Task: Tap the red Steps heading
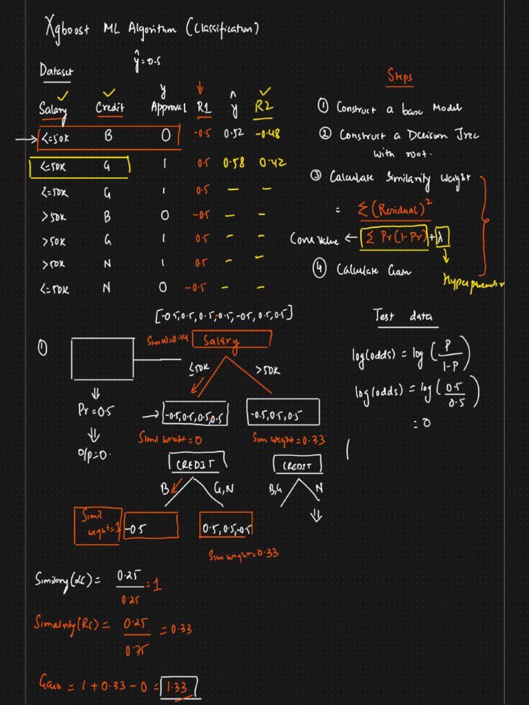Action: pos(400,77)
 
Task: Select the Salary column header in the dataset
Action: pos(52,108)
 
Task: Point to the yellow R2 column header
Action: pos(264,107)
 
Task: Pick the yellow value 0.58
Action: pos(234,164)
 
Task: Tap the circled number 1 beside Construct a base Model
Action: pos(323,106)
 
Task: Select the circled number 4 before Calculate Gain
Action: pos(320,271)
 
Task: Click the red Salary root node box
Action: pos(231,340)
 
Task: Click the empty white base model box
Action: pos(102,358)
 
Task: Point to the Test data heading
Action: pos(402,316)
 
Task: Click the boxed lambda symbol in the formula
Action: pos(442,238)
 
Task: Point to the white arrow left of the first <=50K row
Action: pos(25,138)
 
